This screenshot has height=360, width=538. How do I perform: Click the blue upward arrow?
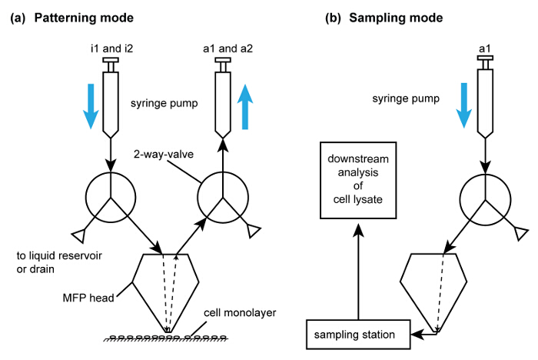[247, 108]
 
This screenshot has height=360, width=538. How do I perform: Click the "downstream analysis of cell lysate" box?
[357, 179]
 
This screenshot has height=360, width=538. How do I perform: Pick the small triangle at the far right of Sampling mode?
[523, 230]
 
